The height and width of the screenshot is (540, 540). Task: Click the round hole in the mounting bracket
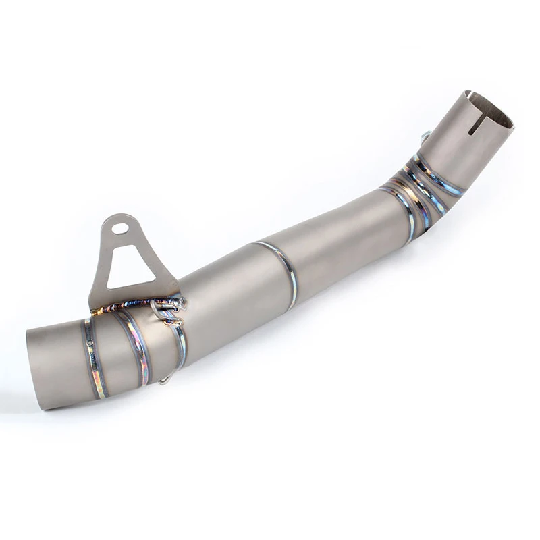(120, 228)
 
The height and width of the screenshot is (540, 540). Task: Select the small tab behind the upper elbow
(425, 137)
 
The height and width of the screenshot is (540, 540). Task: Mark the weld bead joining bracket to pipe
(135, 305)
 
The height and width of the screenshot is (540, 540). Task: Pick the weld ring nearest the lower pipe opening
(92, 358)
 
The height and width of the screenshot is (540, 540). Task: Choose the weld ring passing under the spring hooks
(179, 337)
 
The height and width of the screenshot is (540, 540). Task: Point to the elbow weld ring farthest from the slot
(402, 209)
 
